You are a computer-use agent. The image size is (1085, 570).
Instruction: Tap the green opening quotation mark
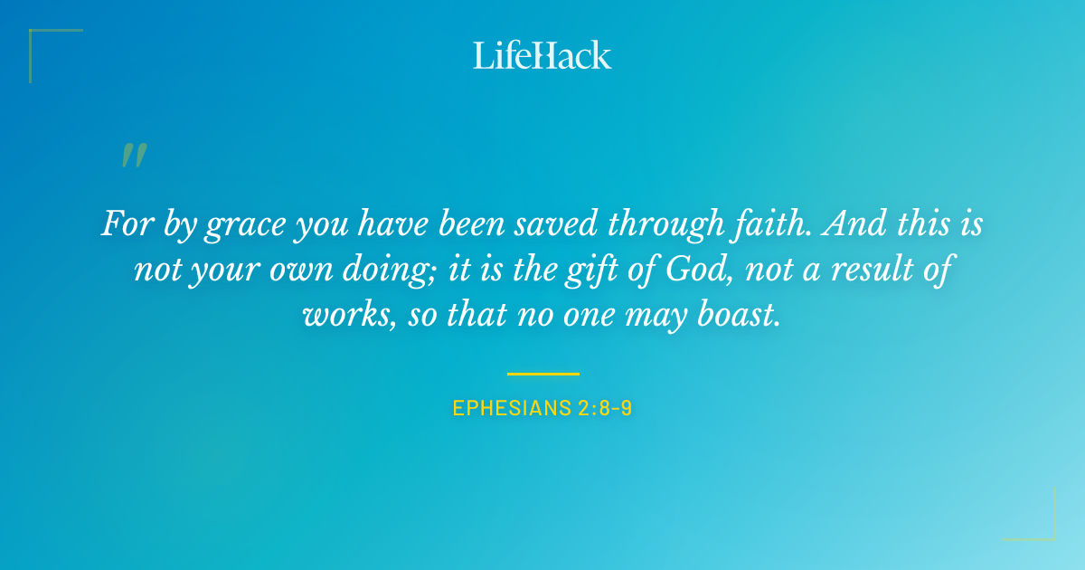coord(134,156)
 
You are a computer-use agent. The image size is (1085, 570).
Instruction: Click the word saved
coord(561,223)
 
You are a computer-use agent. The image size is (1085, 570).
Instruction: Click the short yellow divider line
coord(542,373)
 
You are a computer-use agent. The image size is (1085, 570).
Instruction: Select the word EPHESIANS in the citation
coord(509,408)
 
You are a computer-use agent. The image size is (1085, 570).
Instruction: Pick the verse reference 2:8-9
coord(603,408)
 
